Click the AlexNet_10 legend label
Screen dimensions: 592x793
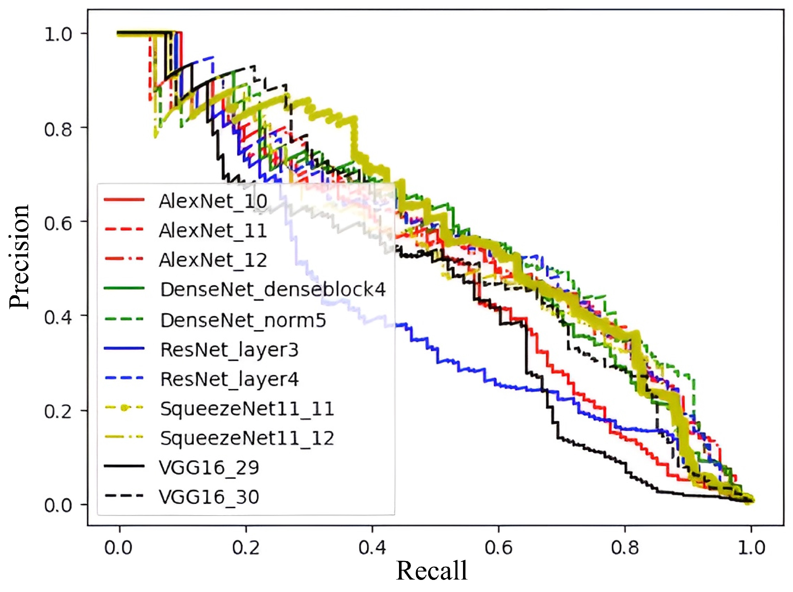click(x=213, y=201)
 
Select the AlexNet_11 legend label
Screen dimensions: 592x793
click(x=213, y=231)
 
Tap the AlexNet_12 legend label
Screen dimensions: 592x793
click(x=213, y=260)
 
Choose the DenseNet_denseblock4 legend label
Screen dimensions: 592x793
click(x=273, y=290)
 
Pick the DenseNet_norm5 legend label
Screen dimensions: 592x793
click(x=243, y=320)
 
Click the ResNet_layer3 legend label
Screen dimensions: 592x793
click(x=229, y=350)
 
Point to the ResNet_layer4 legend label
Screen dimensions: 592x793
click(x=229, y=379)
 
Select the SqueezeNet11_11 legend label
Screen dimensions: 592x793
click(x=248, y=409)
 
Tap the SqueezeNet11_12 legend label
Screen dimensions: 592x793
click(x=248, y=438)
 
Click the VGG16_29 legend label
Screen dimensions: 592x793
click(x=209, y=468)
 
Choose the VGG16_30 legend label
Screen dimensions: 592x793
click(x=209, y=497)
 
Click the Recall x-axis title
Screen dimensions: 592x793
click(x=432, y=571)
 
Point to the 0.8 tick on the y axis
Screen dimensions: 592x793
click(x=58, y=129)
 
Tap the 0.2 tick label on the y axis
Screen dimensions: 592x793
click(x=58, y=411)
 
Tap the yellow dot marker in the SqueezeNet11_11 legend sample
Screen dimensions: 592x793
click(x=124, y=408)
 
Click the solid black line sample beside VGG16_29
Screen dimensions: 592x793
click(x=124, y=466)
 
